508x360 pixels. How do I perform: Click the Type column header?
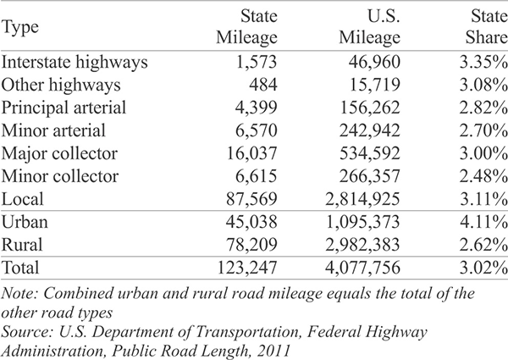[x=20, y=27]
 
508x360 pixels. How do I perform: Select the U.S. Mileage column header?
[x=370, y=27]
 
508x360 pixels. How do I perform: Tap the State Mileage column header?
[x=247, y=27]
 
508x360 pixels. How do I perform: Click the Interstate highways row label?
[x=75, y=62]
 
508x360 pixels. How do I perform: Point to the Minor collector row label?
[x=60, y=176]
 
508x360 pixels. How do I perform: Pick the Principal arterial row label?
[x=63, y=108]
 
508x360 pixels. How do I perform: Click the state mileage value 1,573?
[x=257, y=62]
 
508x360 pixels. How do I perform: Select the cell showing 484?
[x=263, y=85]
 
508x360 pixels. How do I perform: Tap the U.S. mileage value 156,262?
[x=370, y=108]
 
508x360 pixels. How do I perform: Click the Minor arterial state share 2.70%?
[x=483, y=130]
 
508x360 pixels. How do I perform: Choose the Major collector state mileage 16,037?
[x=251, y=153]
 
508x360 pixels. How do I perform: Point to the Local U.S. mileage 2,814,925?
[x=363, y=199]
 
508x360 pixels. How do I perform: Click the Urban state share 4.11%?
[x=483, y=222]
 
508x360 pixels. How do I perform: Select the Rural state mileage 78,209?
[x=251, y=245]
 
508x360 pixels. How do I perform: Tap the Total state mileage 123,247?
[x=247, y=268]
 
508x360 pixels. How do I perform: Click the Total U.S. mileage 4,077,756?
[x=363, y=268]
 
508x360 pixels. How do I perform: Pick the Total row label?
[x=20, y=268]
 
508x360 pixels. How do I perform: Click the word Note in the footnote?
[x=20, y=294]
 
